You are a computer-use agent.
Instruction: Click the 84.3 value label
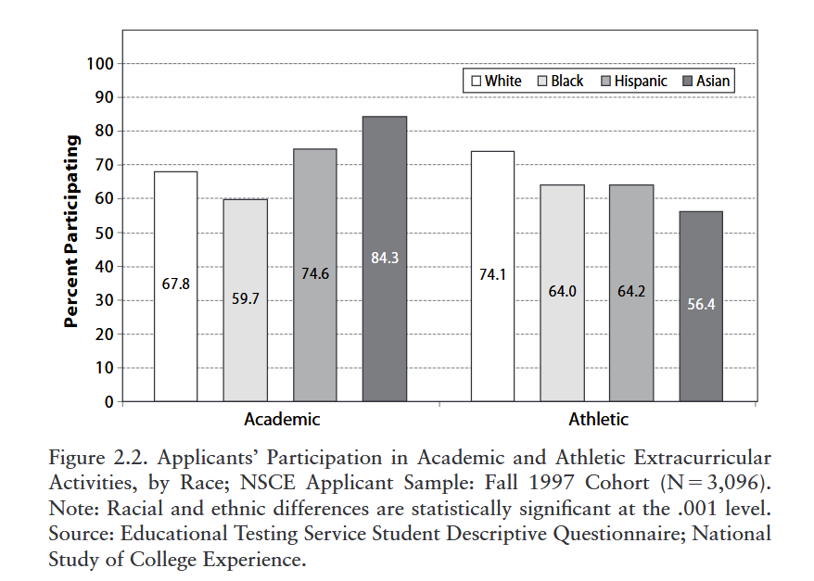tap(385, 258)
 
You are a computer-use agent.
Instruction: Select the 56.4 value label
tap(701, 304)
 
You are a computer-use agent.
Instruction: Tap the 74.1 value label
tap(492, 274)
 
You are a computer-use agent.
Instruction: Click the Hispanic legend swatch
tap(607, 82)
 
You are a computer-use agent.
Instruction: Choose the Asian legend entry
tap(706, 82)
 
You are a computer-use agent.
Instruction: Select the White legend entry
tap(497, 82)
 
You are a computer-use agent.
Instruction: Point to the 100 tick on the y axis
tap(99, 64)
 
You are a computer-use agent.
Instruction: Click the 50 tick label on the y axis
tap(103, 233)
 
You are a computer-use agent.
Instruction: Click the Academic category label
tap(282, 420)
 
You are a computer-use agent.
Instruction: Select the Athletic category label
tap(598, 420)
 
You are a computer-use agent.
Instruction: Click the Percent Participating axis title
tap(72, 232)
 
